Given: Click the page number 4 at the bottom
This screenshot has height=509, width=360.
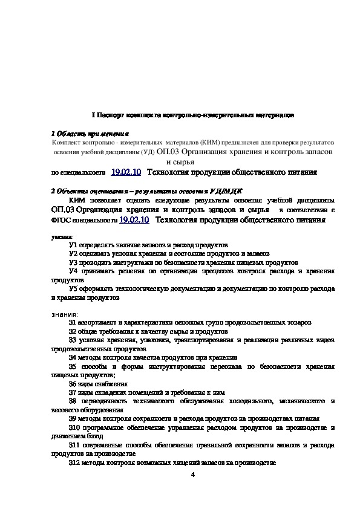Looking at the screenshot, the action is pos(192,474).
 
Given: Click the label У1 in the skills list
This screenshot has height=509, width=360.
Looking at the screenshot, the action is pos(73,246).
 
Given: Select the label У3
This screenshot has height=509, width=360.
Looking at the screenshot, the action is pos(73,263).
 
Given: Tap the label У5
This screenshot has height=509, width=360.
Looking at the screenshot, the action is pos(73,289).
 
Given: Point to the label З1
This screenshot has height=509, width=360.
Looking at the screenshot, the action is pos(73,323).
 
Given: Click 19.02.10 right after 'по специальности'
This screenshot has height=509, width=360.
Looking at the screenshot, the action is pos(126,172).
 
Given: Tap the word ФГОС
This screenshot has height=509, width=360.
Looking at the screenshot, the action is pos(61,221).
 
